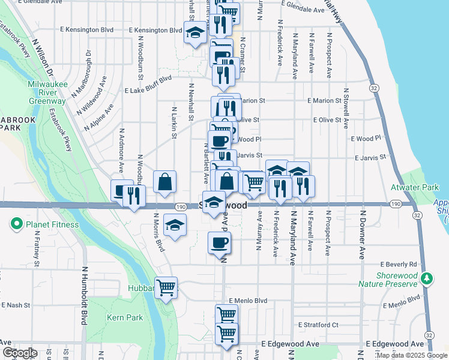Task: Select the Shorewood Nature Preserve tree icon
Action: [x=427, y=278]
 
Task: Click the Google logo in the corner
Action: [x=19, y=353]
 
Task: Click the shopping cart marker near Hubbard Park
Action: [x=166, y=287]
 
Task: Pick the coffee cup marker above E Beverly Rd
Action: [x=219, y=243]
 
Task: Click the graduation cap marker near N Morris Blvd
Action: [x=175, y=225]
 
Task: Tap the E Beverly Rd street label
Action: [x=399, y=264]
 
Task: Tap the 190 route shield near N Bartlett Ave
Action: [x=181, y=206]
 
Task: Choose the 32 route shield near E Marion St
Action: [x=375, y=88]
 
